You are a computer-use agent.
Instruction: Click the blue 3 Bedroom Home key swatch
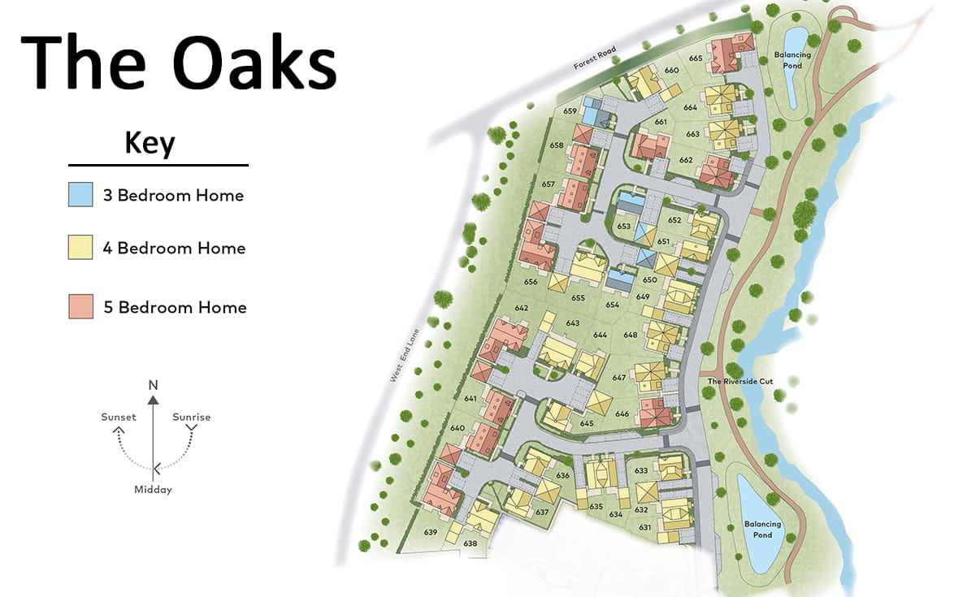pyautogui.click(x=80, y=196)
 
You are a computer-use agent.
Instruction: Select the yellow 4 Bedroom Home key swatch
pyautogui.click(x=80, y=248)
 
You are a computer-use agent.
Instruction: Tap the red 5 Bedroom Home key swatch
pyautogui.click(x=80, y=307)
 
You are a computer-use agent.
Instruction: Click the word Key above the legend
pyautogui.click(x=150, y=143)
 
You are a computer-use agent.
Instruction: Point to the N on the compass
pyautogui.click(x=152, y=383)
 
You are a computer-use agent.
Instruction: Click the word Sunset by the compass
pyautogui.click(x=119, y=417)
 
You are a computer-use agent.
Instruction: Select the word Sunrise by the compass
pyautogui.click(x=191, y=417)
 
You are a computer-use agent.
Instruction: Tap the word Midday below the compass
pyautogui.click(x=153, y=490)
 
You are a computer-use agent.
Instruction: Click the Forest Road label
pyautogui.click(x=595, y=58)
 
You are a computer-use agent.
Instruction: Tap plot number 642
pyautogui.click(x=521, y=308)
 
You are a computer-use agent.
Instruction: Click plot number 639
pyautogui.click(x=431, y=533)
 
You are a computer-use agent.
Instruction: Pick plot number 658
pyautogui.click(x=557, y=145)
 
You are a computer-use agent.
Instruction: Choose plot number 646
pyautogui.click(x=622, y=414)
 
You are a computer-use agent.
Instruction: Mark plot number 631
pyautogui.click(x=645, y=527)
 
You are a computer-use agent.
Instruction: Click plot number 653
pyautogui.click(x=623, y=227)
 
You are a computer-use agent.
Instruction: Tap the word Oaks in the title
pyautogui.click(x=254, y=65)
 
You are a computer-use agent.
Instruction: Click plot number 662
pyautogui.click(x=686, y=160)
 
